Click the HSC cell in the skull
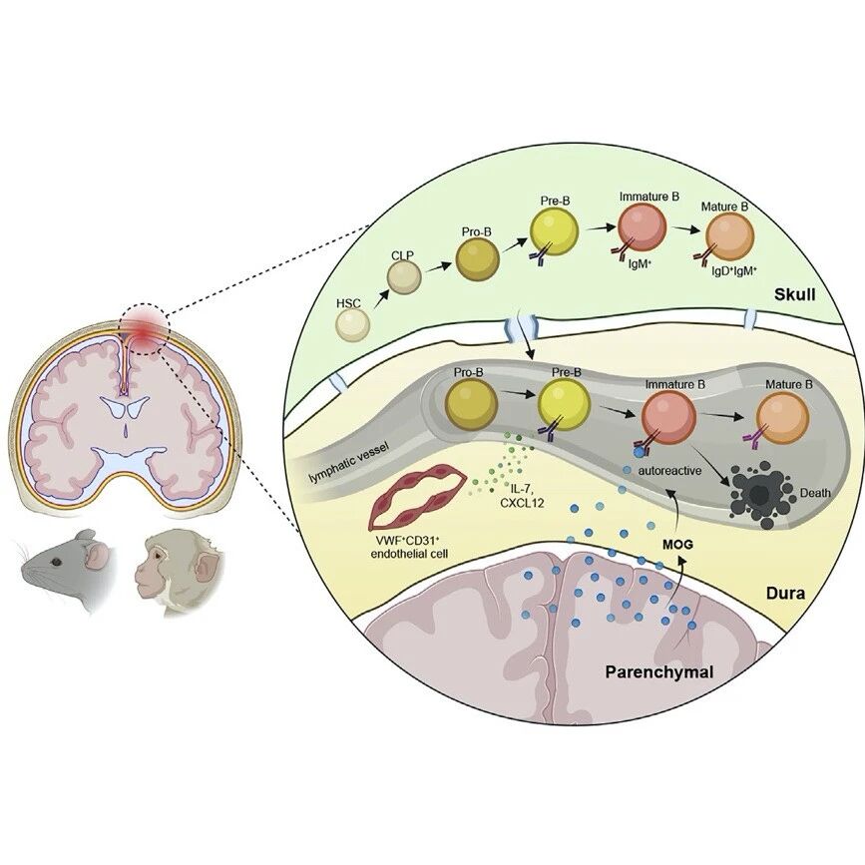352,324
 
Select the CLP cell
404,277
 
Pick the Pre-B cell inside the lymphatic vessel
564,405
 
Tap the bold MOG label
677,545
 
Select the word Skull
794,295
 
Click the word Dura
785,594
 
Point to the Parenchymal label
659,672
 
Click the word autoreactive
669,471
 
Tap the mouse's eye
56,562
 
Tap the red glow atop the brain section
145,330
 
